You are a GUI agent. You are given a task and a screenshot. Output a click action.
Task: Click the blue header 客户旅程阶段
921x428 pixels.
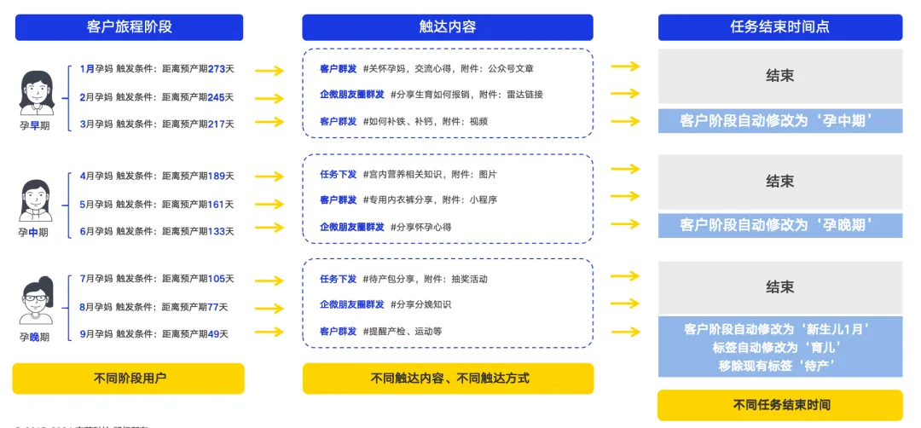[129, 27]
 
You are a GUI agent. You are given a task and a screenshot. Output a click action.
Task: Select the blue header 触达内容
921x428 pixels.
[448, 27]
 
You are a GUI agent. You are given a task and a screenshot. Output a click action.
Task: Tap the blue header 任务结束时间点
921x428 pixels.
[779, 27]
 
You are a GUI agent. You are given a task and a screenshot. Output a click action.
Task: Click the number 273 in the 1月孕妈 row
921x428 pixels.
[217, 69]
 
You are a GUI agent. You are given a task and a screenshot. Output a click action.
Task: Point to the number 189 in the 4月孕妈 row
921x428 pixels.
[217, 176]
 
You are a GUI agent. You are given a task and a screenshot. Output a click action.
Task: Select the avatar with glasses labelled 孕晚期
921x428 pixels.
[36, 300]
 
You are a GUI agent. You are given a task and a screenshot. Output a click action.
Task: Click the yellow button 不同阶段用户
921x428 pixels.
[129, 378]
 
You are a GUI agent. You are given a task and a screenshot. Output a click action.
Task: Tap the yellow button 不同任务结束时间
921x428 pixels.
[779, 404]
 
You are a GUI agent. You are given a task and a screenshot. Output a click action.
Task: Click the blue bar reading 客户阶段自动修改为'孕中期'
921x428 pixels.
[779, 120]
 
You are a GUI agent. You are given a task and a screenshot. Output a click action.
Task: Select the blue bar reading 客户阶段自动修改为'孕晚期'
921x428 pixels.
[779, 225]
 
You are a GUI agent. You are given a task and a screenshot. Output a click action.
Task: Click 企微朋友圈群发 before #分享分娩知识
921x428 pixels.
[351, 304]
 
